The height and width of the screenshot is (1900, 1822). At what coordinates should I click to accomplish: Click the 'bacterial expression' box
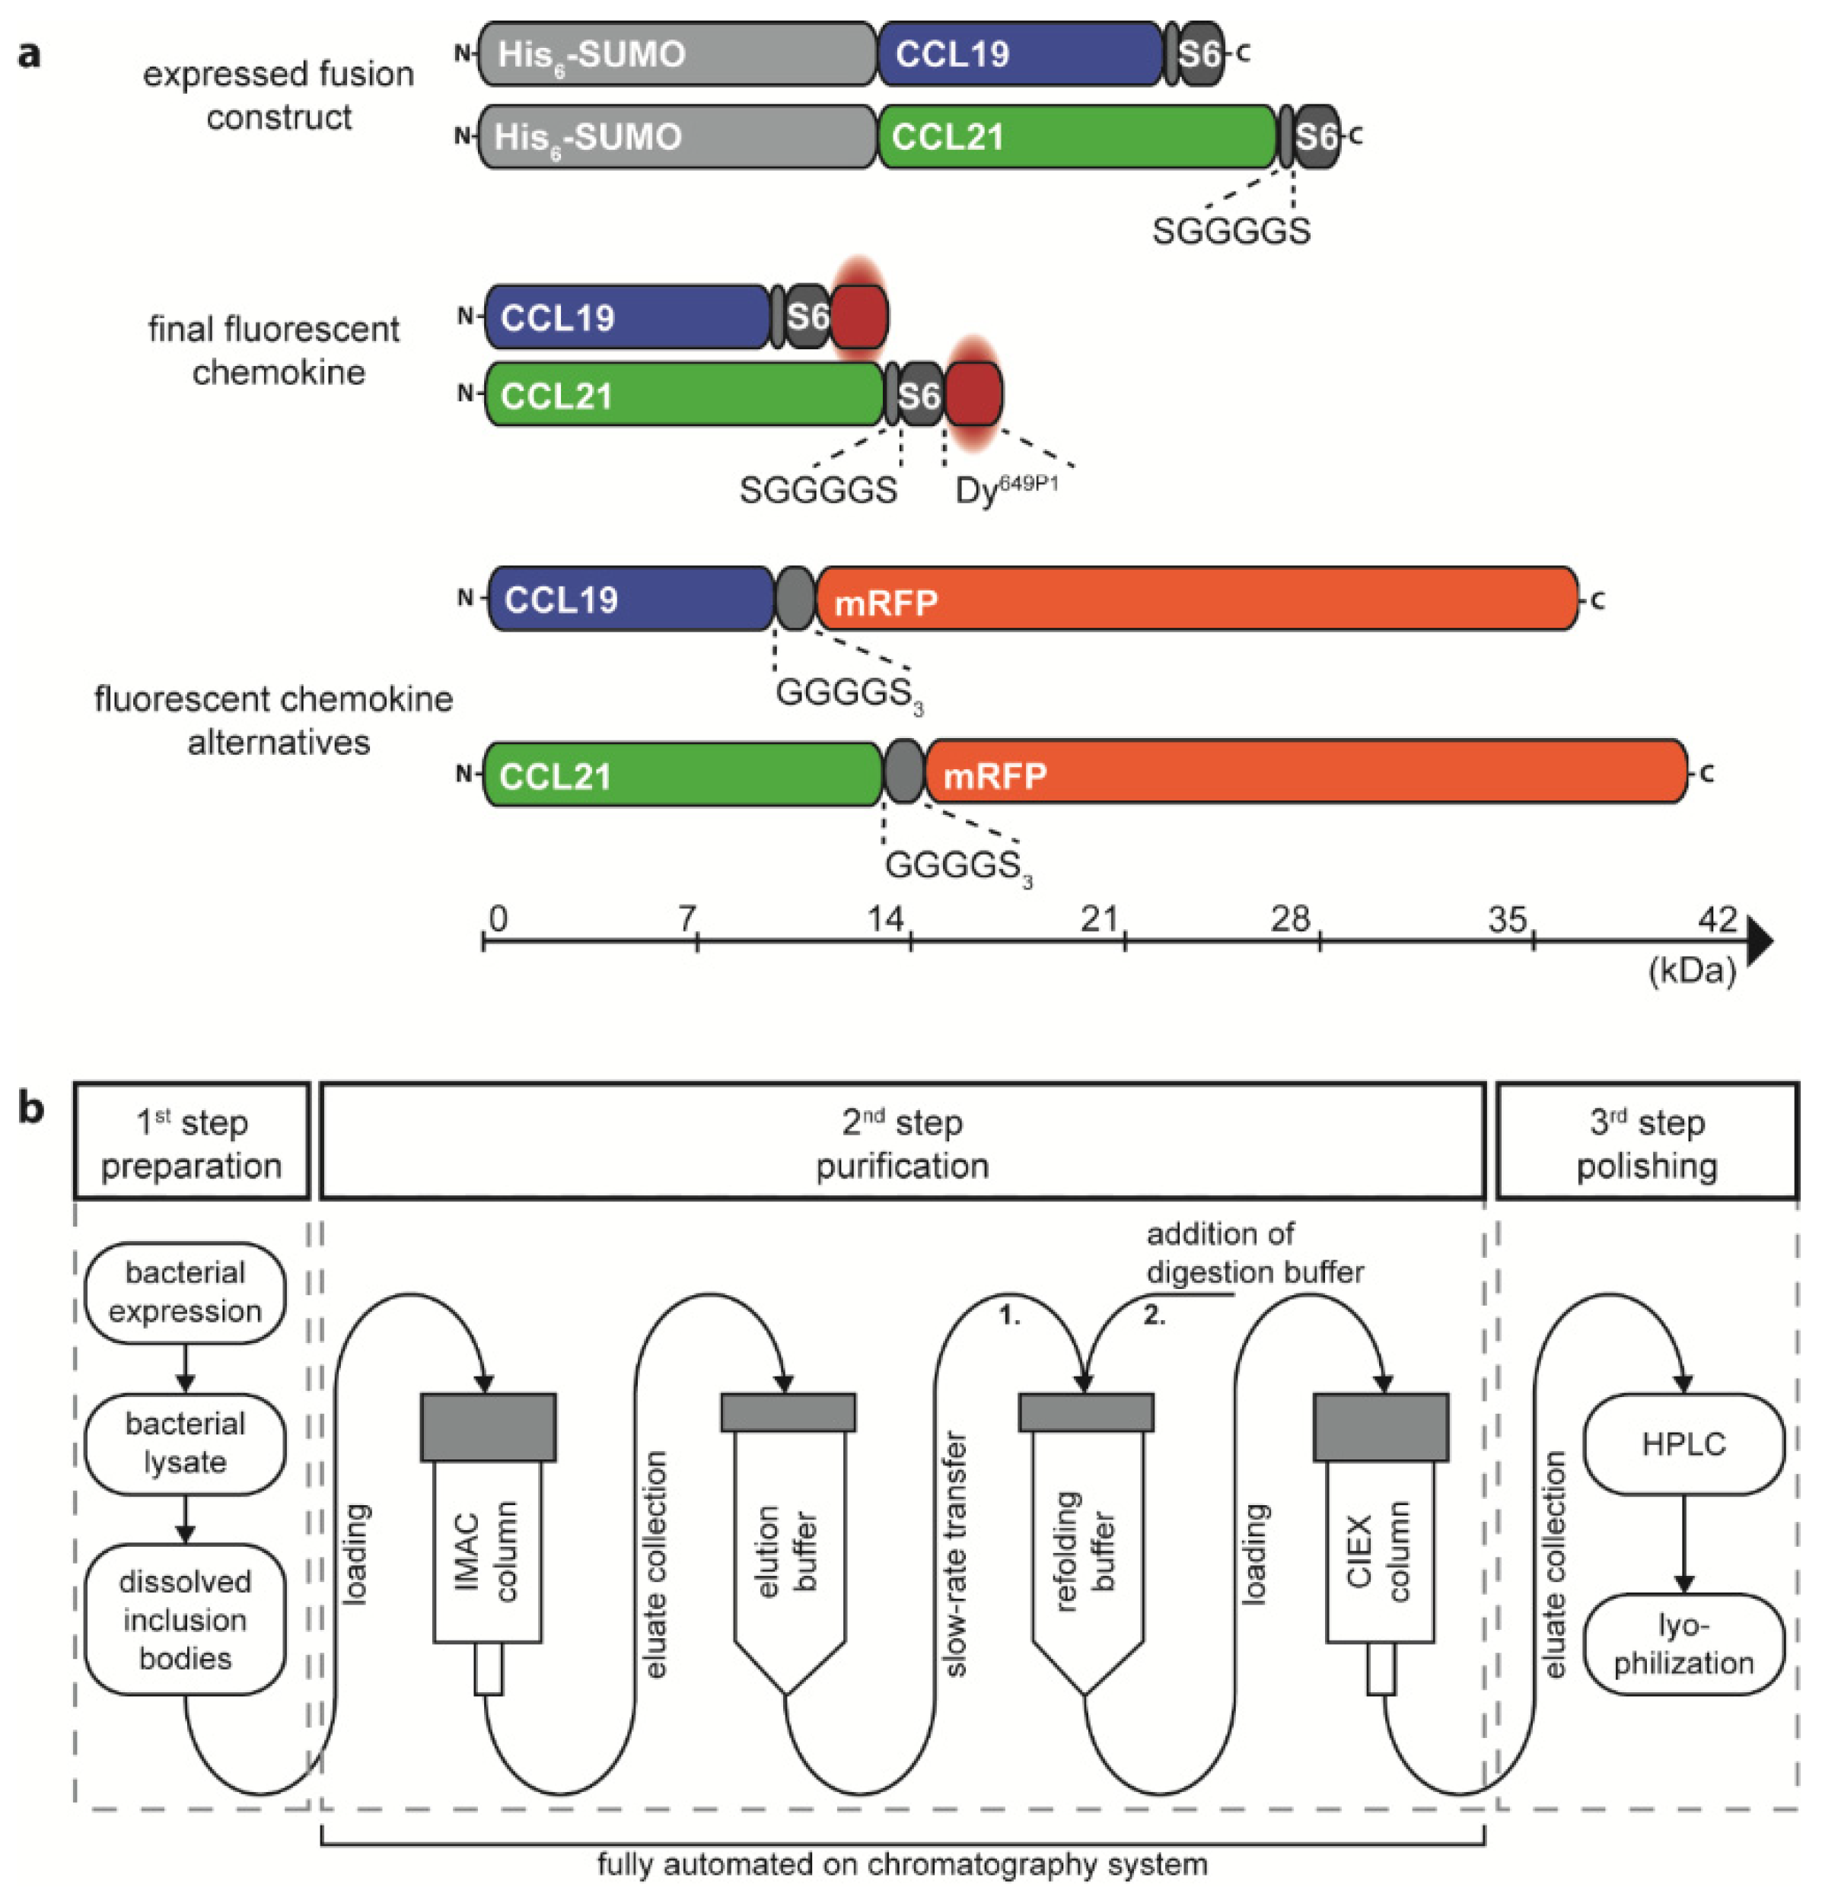[x=184, y=1291]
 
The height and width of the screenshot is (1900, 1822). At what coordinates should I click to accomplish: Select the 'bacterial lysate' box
[x=184, y=1443]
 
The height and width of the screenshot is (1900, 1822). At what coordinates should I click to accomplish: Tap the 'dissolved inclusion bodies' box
[x=184, y=1619]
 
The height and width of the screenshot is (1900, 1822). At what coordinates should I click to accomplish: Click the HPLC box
[x=1683, y=1443]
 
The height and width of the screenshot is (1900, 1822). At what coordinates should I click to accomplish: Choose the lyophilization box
[x=1683, y=1644]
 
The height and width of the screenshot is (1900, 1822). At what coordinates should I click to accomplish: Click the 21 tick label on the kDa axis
[x=1100, y=918]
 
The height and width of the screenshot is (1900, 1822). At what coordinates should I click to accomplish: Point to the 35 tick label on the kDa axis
[x=1507, y=918]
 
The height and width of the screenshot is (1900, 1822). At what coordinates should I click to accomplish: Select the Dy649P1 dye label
[x=1005, y=489]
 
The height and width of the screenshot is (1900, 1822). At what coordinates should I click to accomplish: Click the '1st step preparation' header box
[x=191, y=1143]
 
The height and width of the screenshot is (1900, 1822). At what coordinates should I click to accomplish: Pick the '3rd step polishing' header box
[x=1646, y=1143]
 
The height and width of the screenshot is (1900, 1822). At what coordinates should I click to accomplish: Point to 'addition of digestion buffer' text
[x=1253, y=1252]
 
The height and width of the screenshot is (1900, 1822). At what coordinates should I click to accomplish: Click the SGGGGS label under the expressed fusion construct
[x=1231, y=231]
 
